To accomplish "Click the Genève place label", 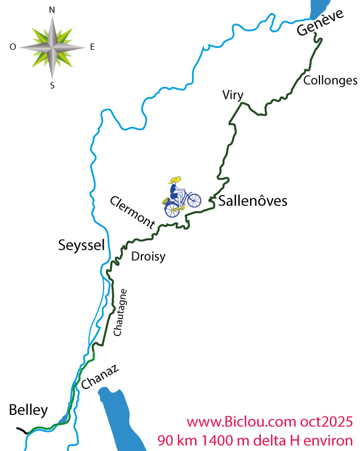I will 320,24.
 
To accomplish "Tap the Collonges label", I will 330,81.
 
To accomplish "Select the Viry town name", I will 233,95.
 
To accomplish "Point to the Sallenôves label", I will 253,200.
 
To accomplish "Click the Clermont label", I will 132,212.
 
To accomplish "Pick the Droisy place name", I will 148,257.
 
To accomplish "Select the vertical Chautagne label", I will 121,313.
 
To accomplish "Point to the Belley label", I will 29,410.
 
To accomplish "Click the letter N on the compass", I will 52,10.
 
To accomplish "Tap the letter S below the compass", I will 52,86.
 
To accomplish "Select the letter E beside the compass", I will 92,47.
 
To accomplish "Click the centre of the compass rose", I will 52,47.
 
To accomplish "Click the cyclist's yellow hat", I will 176,180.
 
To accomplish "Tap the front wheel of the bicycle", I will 193,200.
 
